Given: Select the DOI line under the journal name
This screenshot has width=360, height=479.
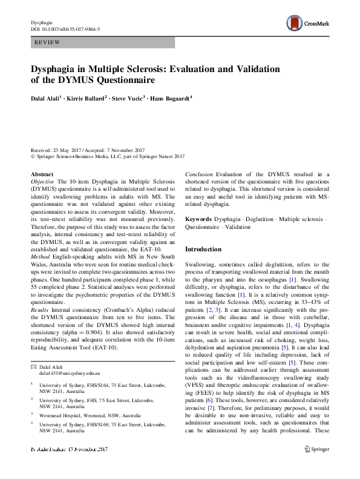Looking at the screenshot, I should point(65,29).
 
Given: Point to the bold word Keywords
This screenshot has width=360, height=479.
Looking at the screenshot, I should point(198,218).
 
